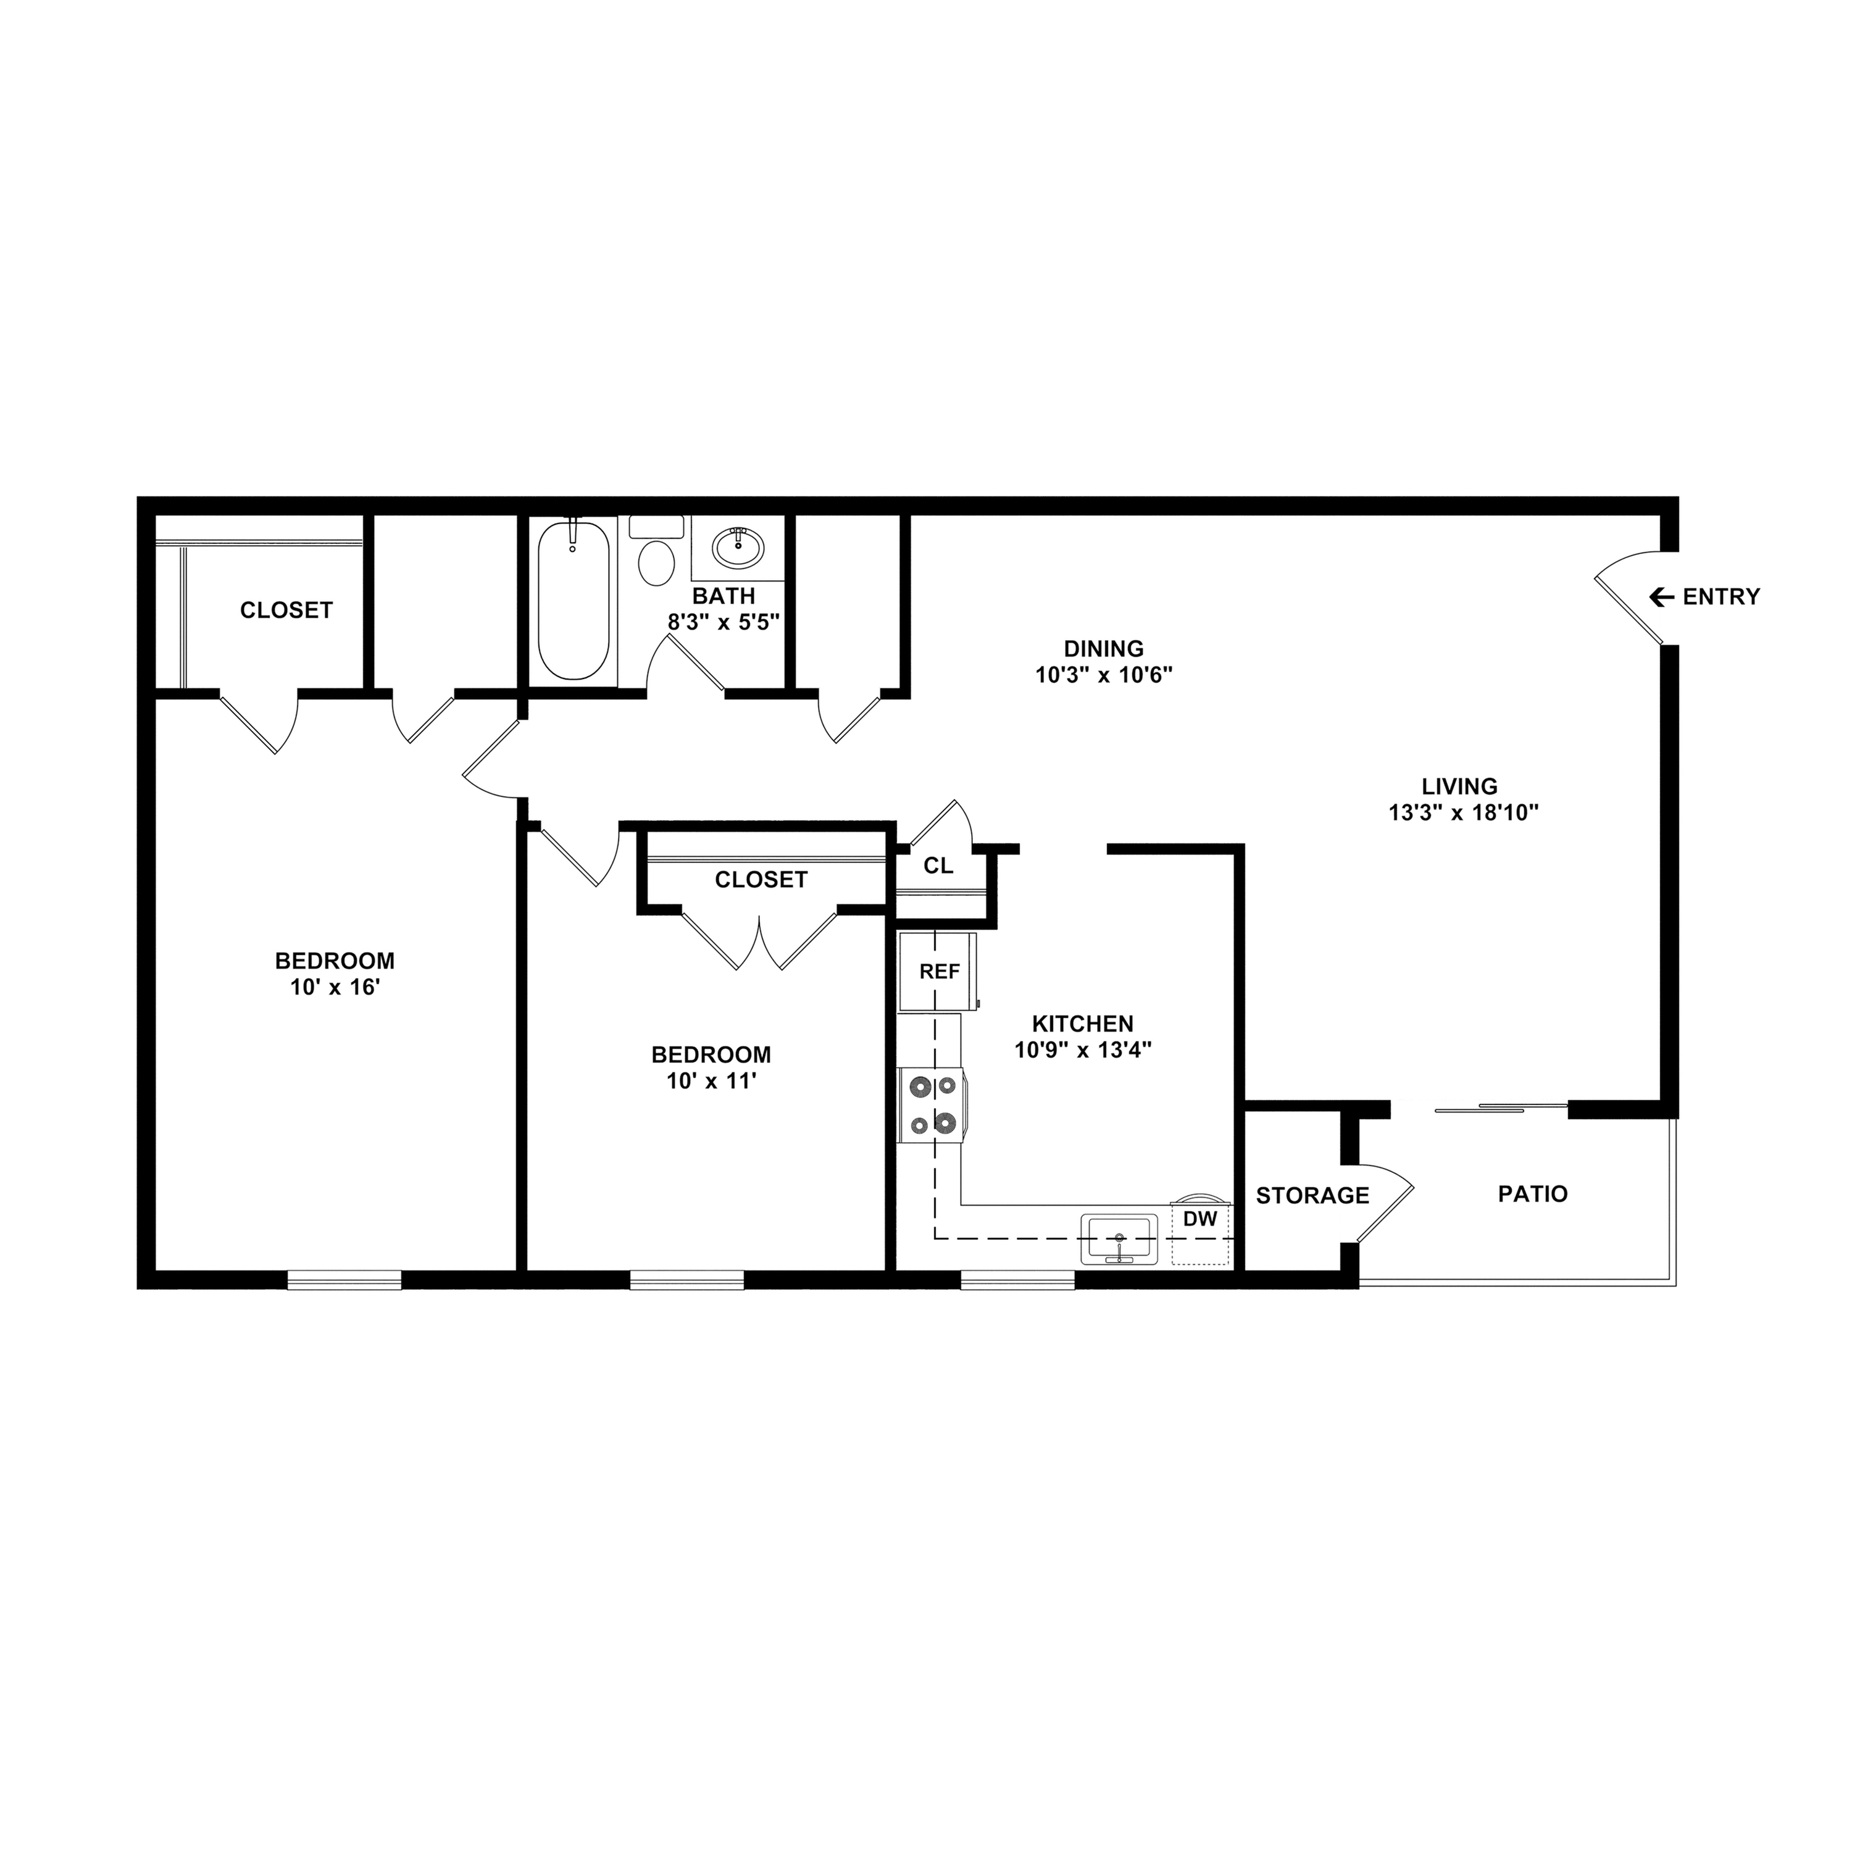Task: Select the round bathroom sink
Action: tap(738, 548)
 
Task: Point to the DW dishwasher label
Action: tap(1200, 1219)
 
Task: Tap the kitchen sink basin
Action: tap(1119, 1238)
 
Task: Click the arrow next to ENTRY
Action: tap(1660, 597)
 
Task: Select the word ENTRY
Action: tap(1722, 597)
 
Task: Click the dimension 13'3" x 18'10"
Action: tap(1464, 813)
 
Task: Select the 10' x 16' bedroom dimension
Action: tap(335, 986)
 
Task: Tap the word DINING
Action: tap(1103, 648)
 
